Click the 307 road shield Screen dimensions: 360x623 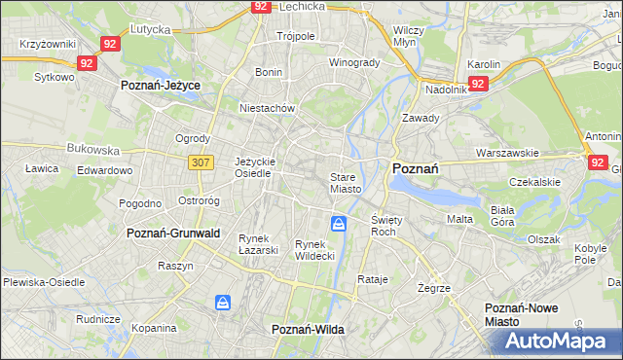(x=202, y=162)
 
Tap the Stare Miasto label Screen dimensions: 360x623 (x=346, y=183)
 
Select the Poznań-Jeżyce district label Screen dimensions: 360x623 (x=160, y=86)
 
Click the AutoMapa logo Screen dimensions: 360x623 (x=552, y=342)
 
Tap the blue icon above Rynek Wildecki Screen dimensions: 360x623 (x=338, y=225)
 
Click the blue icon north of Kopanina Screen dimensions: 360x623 (x=224, y=304)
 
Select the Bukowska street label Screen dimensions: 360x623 (x=92, y=151)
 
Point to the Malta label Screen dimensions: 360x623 (x=459, y=219)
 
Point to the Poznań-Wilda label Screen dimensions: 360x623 (x=308, y=330)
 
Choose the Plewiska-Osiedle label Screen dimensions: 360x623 (x=46, y=282)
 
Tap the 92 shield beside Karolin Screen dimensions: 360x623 (x=477, y=85)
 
